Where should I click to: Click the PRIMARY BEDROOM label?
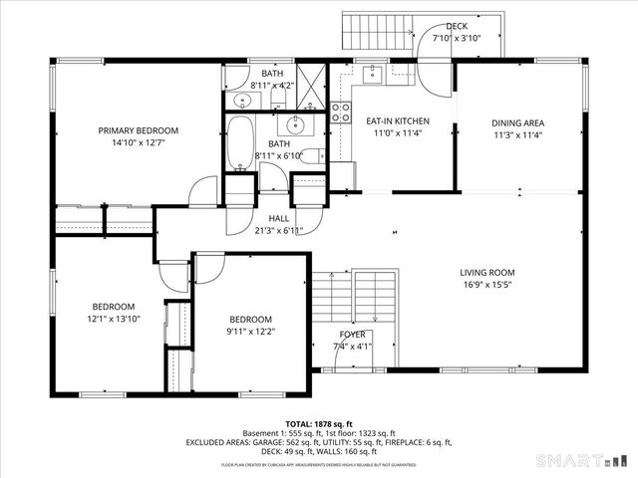(x=138, y=130)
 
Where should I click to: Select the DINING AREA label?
(x=517, y=123)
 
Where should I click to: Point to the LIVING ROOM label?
(x=486, y=273)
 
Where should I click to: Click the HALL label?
(x=279, y=218)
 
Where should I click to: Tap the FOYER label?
(x=352, y=335)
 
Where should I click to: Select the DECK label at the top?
(x=457, y=26)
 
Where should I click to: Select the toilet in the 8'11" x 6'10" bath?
(x=310, y=155)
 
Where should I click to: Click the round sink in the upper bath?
(x=241, y=100)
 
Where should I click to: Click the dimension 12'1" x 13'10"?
(x=114, y=319)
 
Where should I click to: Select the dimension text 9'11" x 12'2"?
(x=251, y=332)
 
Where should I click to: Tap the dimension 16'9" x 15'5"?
(x=486, y=285)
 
